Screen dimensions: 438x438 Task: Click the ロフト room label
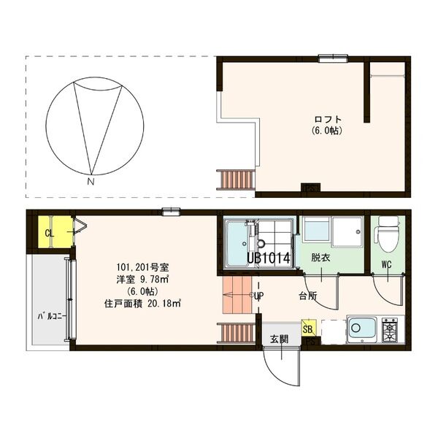pyautogui.click(x=328, y=119)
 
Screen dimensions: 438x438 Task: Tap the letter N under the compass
pyautogui.click(x=91, y=180)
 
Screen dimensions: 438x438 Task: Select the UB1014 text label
pyautogui.click(x=269, y=258)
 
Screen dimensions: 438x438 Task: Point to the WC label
pyautogui.click(x=386, y=265)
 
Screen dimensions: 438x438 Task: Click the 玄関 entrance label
pyautogui.click(x=279, y=339)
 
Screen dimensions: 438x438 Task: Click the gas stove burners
pyautogui.click(x=390, y=330)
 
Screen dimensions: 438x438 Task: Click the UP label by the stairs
pyautogui.click(x=258, y=296)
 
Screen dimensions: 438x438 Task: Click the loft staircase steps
pyautogui.click(x=237, y=178)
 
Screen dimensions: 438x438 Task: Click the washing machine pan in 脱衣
pyautogui.click(x=334, y=233)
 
